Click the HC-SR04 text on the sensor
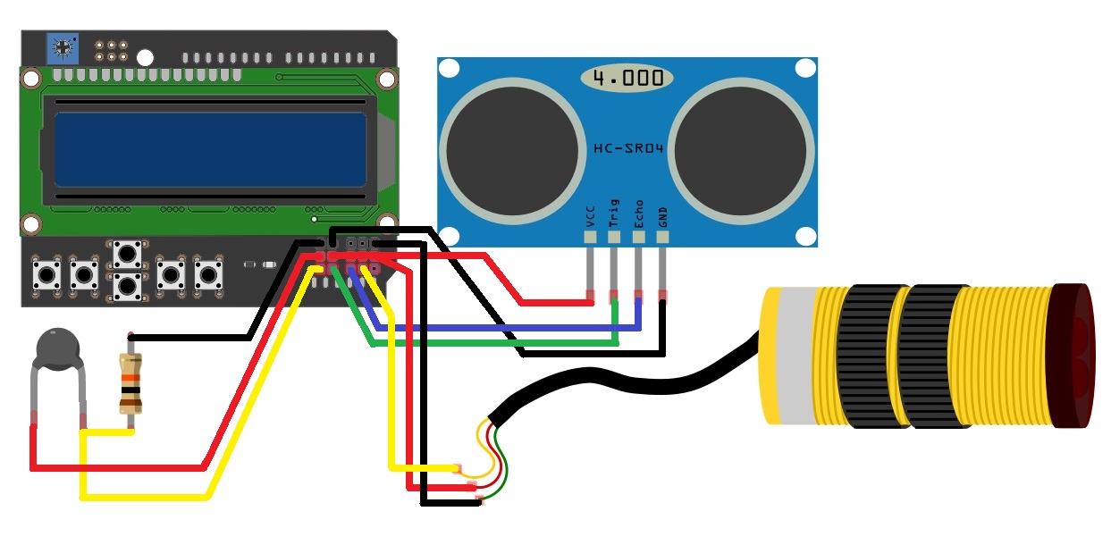(x=629, y=147)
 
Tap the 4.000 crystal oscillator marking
(x=627, y=78)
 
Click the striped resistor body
(x=130, y=382)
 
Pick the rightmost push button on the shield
(x=207, y=273)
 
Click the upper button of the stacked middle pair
(x=127, y=254)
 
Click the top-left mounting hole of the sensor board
(x=449, y=68)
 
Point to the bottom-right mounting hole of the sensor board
(x=805, y=237)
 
